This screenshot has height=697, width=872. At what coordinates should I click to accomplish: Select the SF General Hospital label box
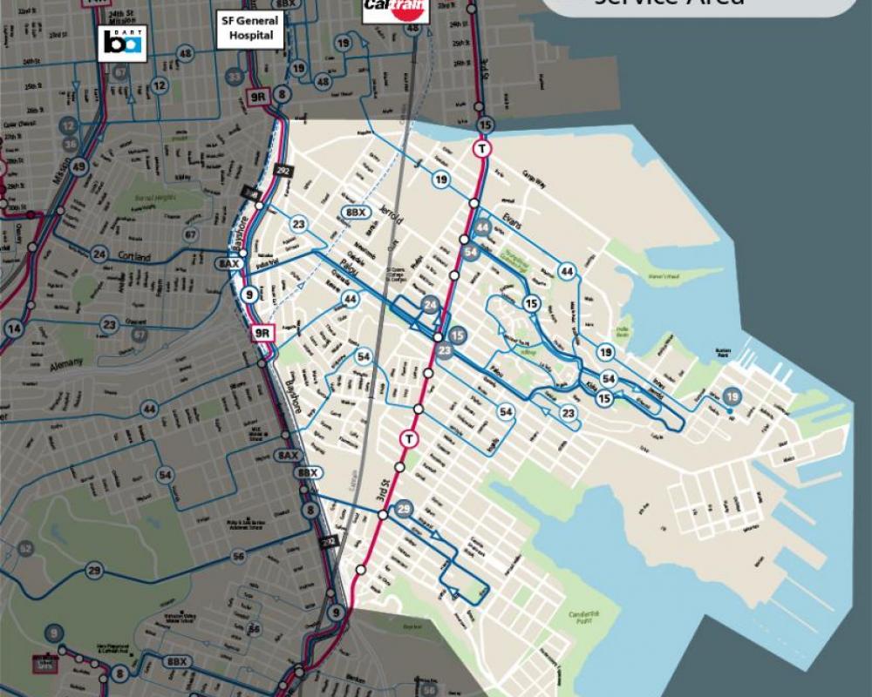pyautogui.click(x=252, y=30)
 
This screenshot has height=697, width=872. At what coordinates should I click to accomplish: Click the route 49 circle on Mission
pyautogui.click(x=79, y=167)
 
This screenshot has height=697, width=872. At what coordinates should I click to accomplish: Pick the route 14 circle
pyautogui.click(x=13, y=328)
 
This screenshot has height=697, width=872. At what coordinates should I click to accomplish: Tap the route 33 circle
pyautogui.click(x=234, y=78)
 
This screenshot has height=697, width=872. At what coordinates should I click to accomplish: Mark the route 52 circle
pyautogui.click(x=25, y=548)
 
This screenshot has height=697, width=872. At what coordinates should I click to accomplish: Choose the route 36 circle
pyautogui.click(x=71, y=144)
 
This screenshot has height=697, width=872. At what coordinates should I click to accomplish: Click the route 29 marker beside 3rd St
pyautogui.click(x=404, y=510)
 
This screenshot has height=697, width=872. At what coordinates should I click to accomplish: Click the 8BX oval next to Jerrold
pyautogui.click(x=355, y=213)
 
